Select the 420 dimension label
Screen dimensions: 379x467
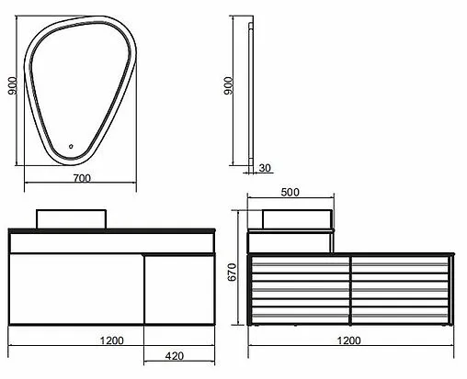[x=178, y=357]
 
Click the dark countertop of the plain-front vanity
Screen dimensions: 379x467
[x=110, y=230]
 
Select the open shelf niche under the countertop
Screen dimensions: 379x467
[x=110, y=242]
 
